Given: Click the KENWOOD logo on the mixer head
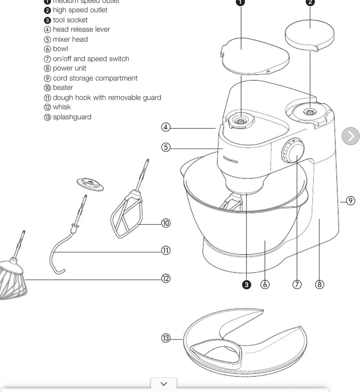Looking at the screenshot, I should pyautogui.click(x=231, y=160).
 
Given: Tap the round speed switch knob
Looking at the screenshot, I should pyautogui.click(x=292, y=151).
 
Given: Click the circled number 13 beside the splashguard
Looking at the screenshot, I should pyautogui.click(x=166, y=338).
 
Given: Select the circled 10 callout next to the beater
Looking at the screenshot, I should pyautogui.click(x=166, y=223).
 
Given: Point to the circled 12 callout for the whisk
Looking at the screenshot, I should pyautogui.click(x=166, y=278).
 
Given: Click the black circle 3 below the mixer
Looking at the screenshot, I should pyautogui.click(x=246, y=284).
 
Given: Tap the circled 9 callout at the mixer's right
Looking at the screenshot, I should pyautogui.click(x=350, y=201).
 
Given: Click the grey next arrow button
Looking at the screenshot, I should pyautogui.click(x=351, y=136).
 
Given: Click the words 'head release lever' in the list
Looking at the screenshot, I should pyautogui.click(x=81, y=29).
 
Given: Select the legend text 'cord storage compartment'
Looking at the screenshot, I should pyautogui.click(x=95, y=78).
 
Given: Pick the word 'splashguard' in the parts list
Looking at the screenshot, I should pyautogui.click(x=72, y=117).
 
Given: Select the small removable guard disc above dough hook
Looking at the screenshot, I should pyautogui.click(x=90, y=184).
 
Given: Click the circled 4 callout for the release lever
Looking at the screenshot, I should pyautogui.click(x=166, y=127).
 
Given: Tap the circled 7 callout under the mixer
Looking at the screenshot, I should pyautogui.click(x=297, y=284).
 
